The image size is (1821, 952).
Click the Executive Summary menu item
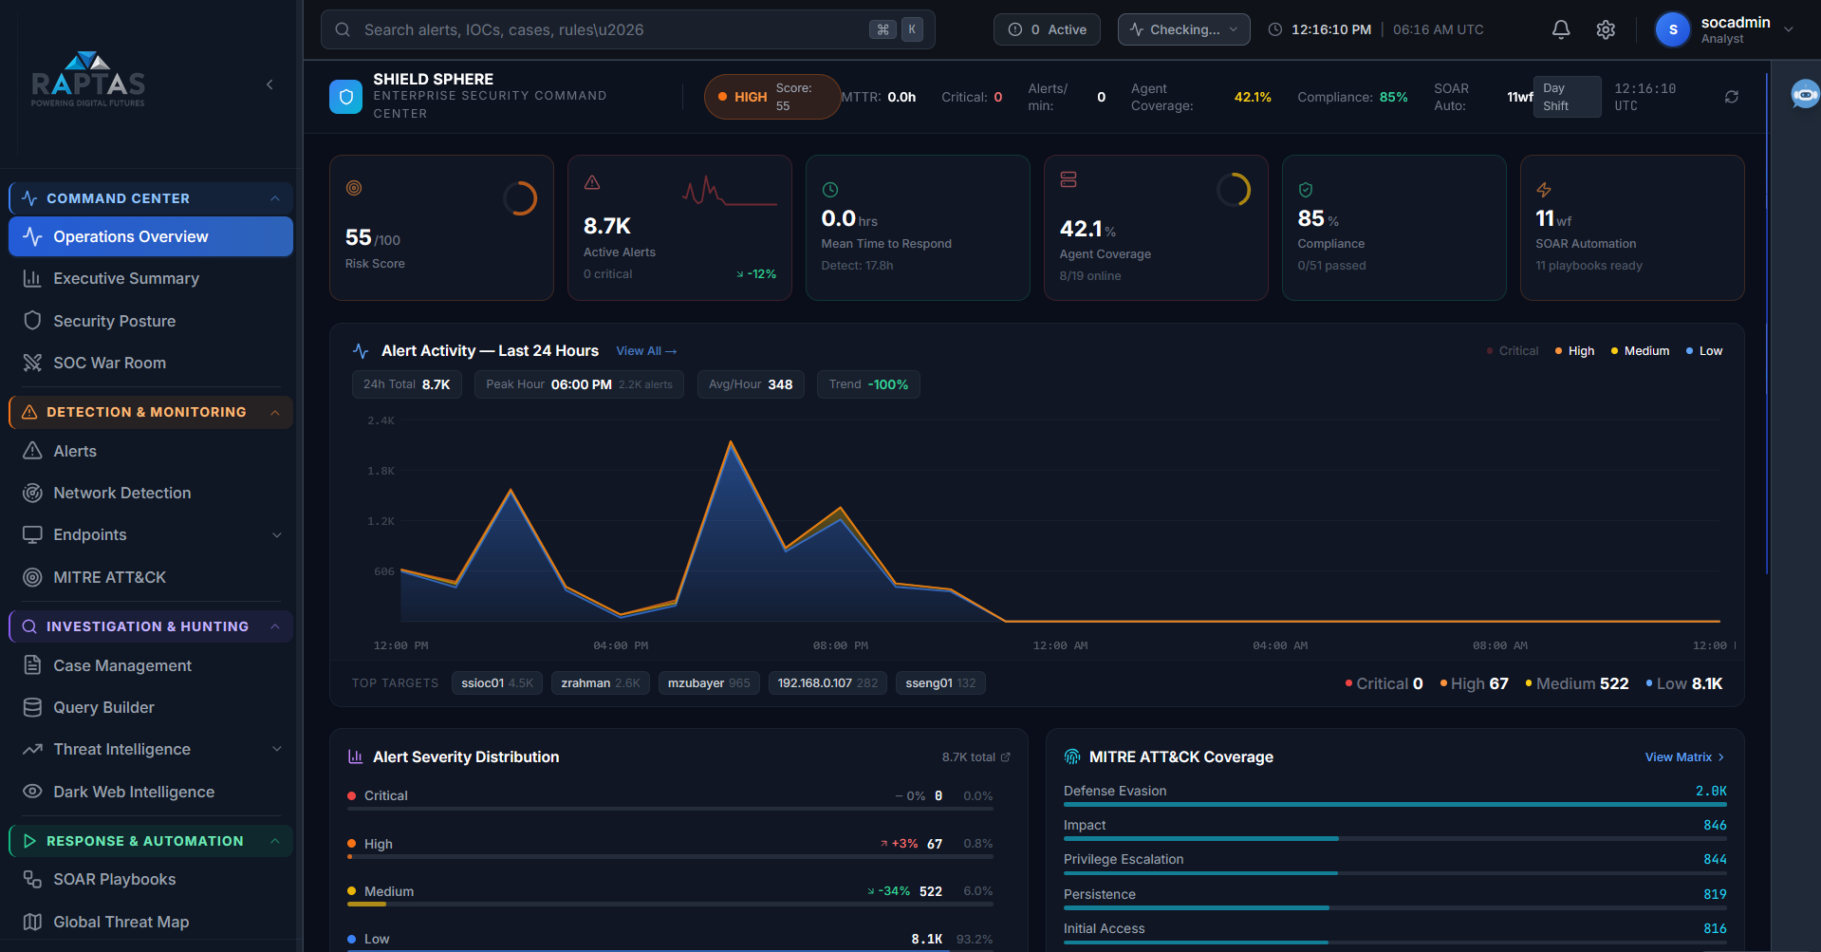tap(125, 278)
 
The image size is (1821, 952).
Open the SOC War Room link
tap(109, 363)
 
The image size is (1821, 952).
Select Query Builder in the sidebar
tap(103, 707)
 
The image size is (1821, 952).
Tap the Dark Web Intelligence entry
tap(133, 792)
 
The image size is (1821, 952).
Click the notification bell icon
tap(1561, 29)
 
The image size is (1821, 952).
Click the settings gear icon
tap(1606, 29)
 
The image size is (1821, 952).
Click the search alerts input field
tap(607, 29)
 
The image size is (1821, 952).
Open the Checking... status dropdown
tap(1183, 29)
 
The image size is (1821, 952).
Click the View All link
tap(645, 351)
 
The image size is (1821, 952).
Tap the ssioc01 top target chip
tap(496, 683)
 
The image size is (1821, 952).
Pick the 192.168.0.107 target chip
tap(827, 683)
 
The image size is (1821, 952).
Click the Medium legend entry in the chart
tap(1641, 351)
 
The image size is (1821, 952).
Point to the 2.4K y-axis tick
tap(381, 420)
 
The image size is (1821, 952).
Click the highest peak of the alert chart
tap(731, 442)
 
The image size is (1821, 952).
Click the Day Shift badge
tap(1565, 97)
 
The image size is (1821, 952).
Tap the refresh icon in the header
tap(1732, 97)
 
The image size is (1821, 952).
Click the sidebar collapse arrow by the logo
tap(269, 84)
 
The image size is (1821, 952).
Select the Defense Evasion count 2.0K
tap(1711, 791)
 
